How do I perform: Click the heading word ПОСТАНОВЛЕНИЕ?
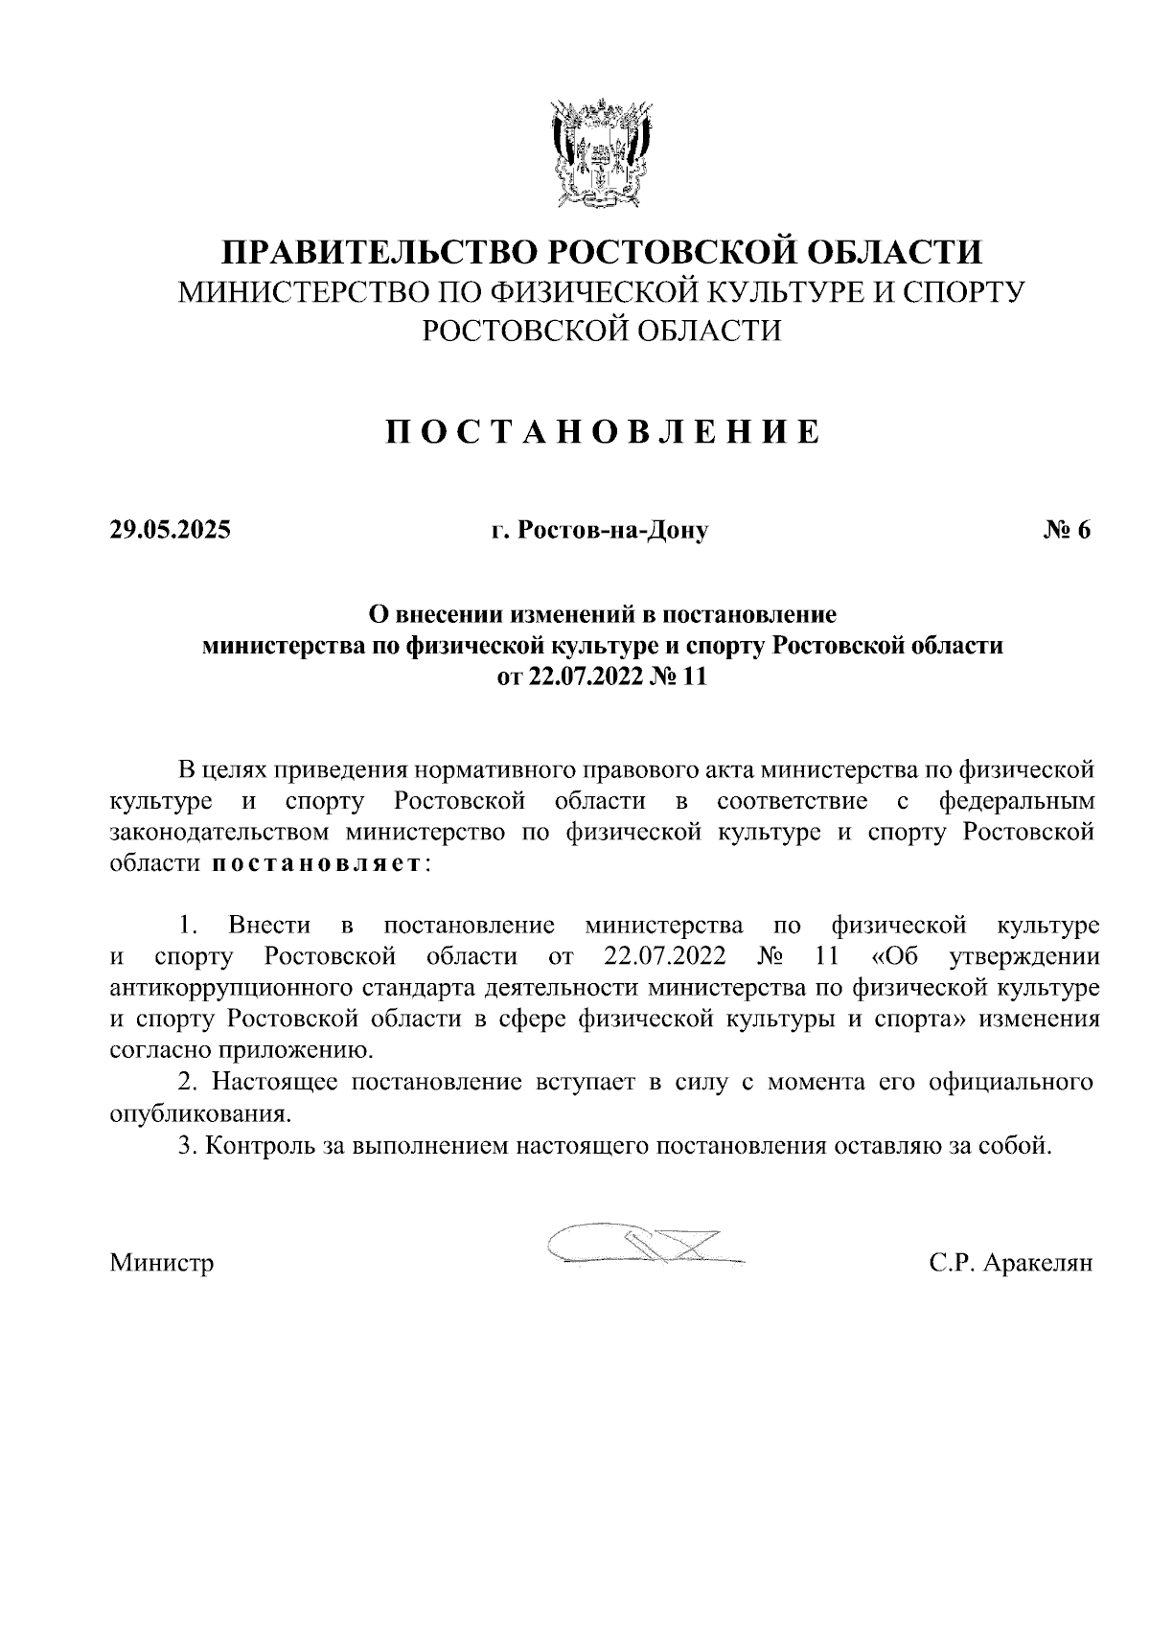tap(603, 432)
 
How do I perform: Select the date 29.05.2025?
tap(170, 530)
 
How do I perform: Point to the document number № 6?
tap(1066, 530)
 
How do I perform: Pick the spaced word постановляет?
tap(315, 863)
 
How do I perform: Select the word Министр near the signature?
tap(162, 1263)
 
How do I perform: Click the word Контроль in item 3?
tap(260, 1146)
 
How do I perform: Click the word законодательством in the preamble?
tap(219, 832)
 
